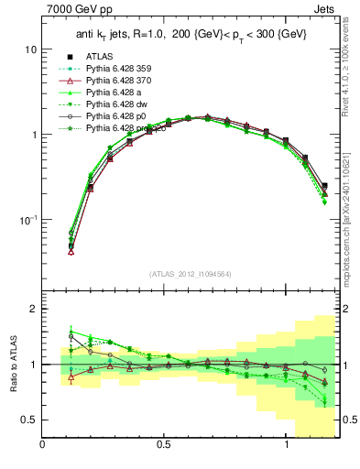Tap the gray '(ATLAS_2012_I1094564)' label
[191, 274]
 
